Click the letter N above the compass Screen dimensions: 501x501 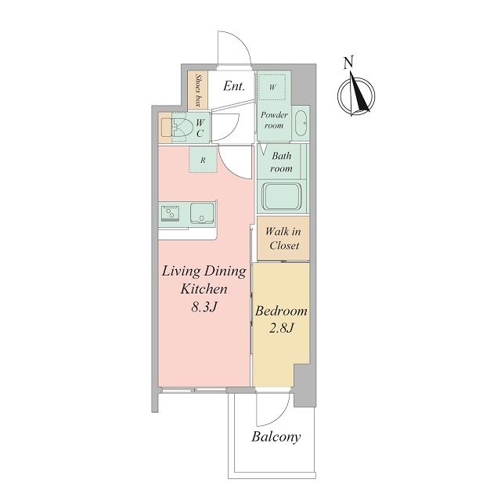(348, 63)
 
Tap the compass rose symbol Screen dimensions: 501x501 (356, 96)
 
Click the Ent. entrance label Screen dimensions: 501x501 (234, 86)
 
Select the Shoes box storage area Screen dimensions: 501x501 (198, 90)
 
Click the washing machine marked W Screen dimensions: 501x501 (272, 87)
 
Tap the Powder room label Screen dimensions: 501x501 (274, 120)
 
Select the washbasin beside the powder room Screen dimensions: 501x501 (301, 124)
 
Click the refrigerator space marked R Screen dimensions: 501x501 (203, 160)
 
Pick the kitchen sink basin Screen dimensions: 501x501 (202, 213)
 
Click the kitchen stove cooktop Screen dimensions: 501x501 (171, 213)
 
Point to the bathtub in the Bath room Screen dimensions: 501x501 (282, 196)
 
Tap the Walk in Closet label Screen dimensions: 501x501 (283, 238)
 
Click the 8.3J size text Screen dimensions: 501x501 (204, 307)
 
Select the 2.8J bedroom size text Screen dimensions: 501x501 (281, 328)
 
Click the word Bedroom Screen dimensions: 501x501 (281, 311)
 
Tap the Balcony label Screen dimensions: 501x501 (276, 437)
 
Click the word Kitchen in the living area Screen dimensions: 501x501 (204, 289)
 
